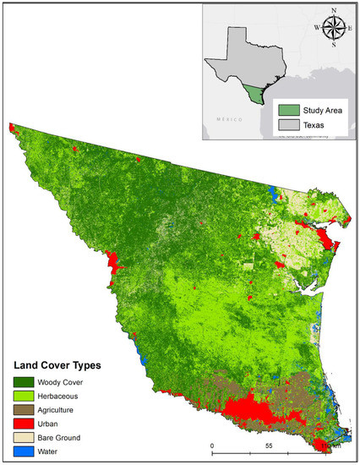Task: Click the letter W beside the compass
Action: (316, 27)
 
